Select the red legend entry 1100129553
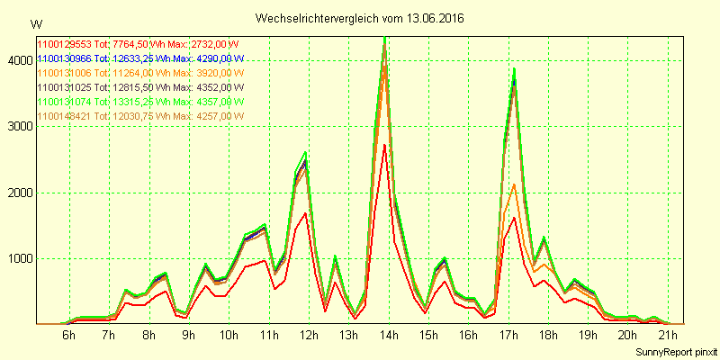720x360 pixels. (x=64, y=44)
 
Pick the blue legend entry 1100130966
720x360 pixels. (x=64, y=58)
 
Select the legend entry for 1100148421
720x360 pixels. (x=64, y=116)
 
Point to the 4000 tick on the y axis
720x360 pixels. (x=19, y=60)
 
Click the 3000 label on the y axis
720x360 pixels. (x=19, y=127)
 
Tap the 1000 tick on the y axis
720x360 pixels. (x=19, y=259)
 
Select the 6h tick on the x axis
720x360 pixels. (x=69, y=336)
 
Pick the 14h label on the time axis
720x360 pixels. (x=389, y=336)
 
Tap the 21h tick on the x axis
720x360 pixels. (x=667, y=336)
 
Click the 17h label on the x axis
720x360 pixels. (x=508, y=336)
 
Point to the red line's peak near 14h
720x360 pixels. (x=384, y=145)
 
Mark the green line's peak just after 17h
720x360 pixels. (x=514, y=68)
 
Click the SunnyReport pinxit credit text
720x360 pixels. (x=672, y=351)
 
